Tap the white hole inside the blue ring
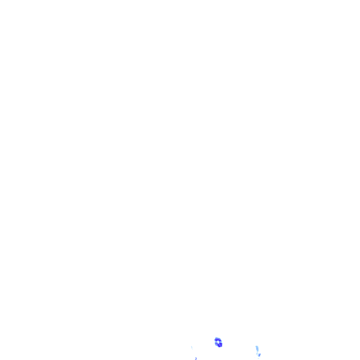pyautogui.click(x=218, y=342)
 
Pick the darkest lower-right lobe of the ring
pyautogui.click(x=220, y=345)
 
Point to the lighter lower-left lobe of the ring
pyautogui.click(x=216, y=344)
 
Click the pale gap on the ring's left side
pyautogui.click(x=216, y=342)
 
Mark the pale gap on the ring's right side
pyautogui.click(x=221, y=342)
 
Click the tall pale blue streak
pyautogui.click(x=257, y=349)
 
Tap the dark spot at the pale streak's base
pyautogui.click(x=259, y=355)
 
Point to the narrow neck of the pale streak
pyautogui.click(x=257, y=352)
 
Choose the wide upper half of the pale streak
pyautogui.click(x=257, y=348)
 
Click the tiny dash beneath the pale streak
pyautogui.click(x=258, y=358)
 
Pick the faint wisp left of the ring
pyautogui.click(x=192, y=348)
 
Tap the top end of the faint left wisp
pyautogui.click(x=191, y=346)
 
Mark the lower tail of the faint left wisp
pyautogui.click(x=193, y=349)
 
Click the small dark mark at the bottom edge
pyautogui.click(x=196, y=359)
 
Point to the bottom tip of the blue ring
pyautogui.click(x=219, y=347)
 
